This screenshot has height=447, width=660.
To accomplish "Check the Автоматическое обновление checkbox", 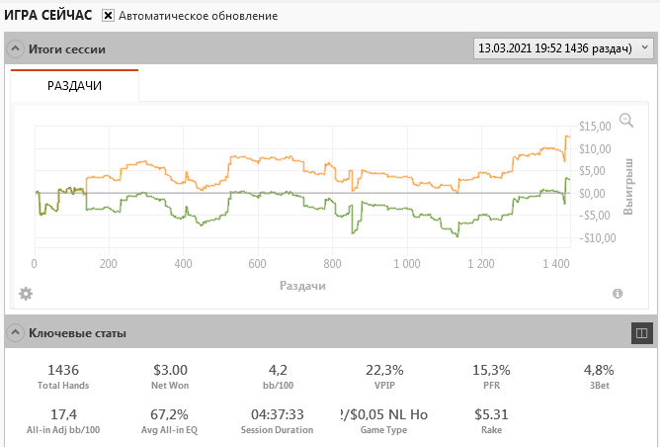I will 109,16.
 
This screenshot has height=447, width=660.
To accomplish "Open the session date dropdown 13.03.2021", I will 563,47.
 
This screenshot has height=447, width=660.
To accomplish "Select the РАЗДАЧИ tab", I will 75,85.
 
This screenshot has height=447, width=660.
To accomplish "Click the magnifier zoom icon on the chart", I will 625,121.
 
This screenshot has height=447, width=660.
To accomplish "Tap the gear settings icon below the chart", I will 26,293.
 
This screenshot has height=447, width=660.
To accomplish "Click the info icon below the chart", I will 618,294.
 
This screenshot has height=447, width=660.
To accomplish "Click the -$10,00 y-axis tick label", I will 597,237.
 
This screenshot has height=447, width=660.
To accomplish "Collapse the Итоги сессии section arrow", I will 15,48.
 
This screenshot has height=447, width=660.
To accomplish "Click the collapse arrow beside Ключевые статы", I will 15,333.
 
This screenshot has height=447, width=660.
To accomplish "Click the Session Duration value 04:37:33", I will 277,414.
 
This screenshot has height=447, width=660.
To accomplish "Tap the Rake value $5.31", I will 490,414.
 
